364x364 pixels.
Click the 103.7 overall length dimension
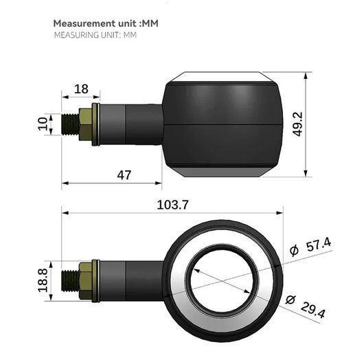point(172,205)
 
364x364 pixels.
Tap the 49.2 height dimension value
point(297,124)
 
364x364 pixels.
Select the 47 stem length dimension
point(124,175)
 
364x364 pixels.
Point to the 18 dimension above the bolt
point(81,89)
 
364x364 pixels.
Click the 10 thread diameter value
point(43,124)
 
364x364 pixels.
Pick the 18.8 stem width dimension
point(43,280)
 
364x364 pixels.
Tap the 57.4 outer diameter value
point(319,246)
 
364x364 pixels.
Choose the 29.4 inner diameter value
point(313,310)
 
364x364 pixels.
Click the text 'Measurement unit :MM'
point(106,23)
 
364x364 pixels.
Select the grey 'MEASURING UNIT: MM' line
point(95,35)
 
